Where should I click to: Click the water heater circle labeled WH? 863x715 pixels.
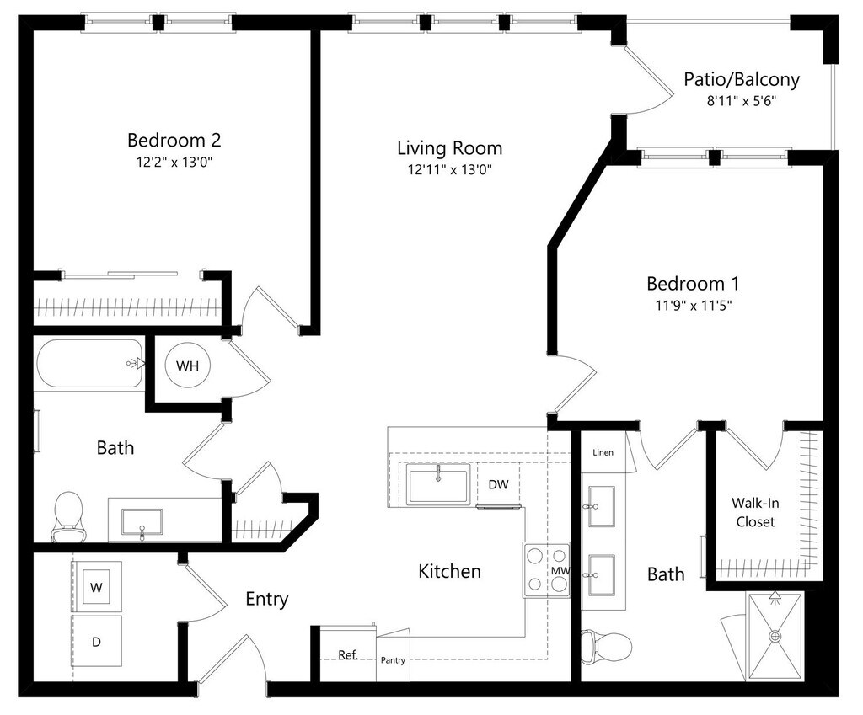(x=187, y=366)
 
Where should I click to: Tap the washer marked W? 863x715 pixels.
(x=96, y=587)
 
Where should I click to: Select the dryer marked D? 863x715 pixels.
(x=96, y=641)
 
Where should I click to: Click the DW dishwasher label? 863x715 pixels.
(x=499, y=484)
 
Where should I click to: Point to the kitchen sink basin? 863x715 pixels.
(x=438, y=484)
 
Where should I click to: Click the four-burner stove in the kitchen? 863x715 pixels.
(x=546, y=570)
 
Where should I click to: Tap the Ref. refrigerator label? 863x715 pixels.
(x=348, y=655)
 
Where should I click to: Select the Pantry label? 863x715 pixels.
(x=393, y=660)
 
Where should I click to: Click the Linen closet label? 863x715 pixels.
(x=603, y=452)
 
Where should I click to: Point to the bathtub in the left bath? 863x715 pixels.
(x=89, y=364)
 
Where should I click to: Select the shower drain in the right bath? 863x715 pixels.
(x=775, y=637)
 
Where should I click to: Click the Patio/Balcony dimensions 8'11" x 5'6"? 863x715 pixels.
(x=742, y=101)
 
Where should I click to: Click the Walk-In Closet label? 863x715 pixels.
(x=755, y=512)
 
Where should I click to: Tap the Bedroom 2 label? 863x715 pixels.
(x=174, y=141)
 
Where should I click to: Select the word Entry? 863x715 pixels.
(x=267, y=599)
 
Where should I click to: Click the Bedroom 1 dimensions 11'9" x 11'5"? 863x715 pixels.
(x=693, y=305)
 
